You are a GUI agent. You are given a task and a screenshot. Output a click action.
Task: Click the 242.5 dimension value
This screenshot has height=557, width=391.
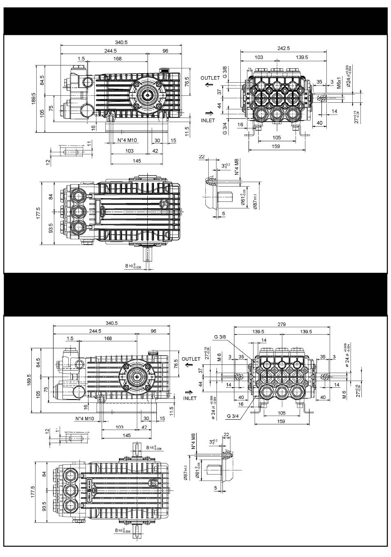point(283,49)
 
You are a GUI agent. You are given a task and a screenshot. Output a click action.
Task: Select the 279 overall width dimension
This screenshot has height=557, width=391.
point(282,324)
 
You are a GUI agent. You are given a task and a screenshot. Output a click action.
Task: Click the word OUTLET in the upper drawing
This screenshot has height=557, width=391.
point(210,78)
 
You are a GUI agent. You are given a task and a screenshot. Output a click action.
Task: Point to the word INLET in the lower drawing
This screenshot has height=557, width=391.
point(190,398)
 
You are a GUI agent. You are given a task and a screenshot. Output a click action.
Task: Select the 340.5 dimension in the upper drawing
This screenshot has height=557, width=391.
point(121,42)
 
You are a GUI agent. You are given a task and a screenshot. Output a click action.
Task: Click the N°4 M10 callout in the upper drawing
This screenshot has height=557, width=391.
point(128,140)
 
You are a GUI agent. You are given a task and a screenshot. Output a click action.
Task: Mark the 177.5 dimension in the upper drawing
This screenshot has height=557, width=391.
point(38,214)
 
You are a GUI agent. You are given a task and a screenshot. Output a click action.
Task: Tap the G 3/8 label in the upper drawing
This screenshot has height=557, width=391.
point(225,72)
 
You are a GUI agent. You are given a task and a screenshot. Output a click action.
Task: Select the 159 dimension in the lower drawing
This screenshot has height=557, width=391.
point(282,421)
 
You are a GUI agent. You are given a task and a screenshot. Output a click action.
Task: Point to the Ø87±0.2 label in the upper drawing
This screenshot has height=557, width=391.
point(255,201)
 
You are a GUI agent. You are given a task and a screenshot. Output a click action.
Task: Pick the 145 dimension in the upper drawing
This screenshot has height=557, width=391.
point(137,161)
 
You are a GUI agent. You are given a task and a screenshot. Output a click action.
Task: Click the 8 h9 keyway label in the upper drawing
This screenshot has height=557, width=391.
point(137,266)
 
